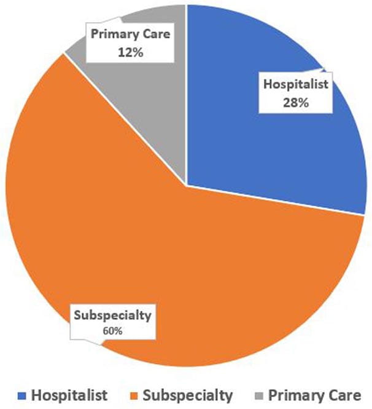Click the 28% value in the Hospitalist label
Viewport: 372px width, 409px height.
(x=291, y=101)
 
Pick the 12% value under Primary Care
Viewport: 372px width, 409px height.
(x=130, y=53)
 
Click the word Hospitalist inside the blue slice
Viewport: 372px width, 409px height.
(x=291, y=85)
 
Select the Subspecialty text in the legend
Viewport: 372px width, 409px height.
(x=188, y=394)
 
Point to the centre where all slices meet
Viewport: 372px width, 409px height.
(x=186, y=183)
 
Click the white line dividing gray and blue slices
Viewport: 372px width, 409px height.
(x=186, y=92)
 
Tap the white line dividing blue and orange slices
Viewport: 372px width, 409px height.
(x=276, y=199)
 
